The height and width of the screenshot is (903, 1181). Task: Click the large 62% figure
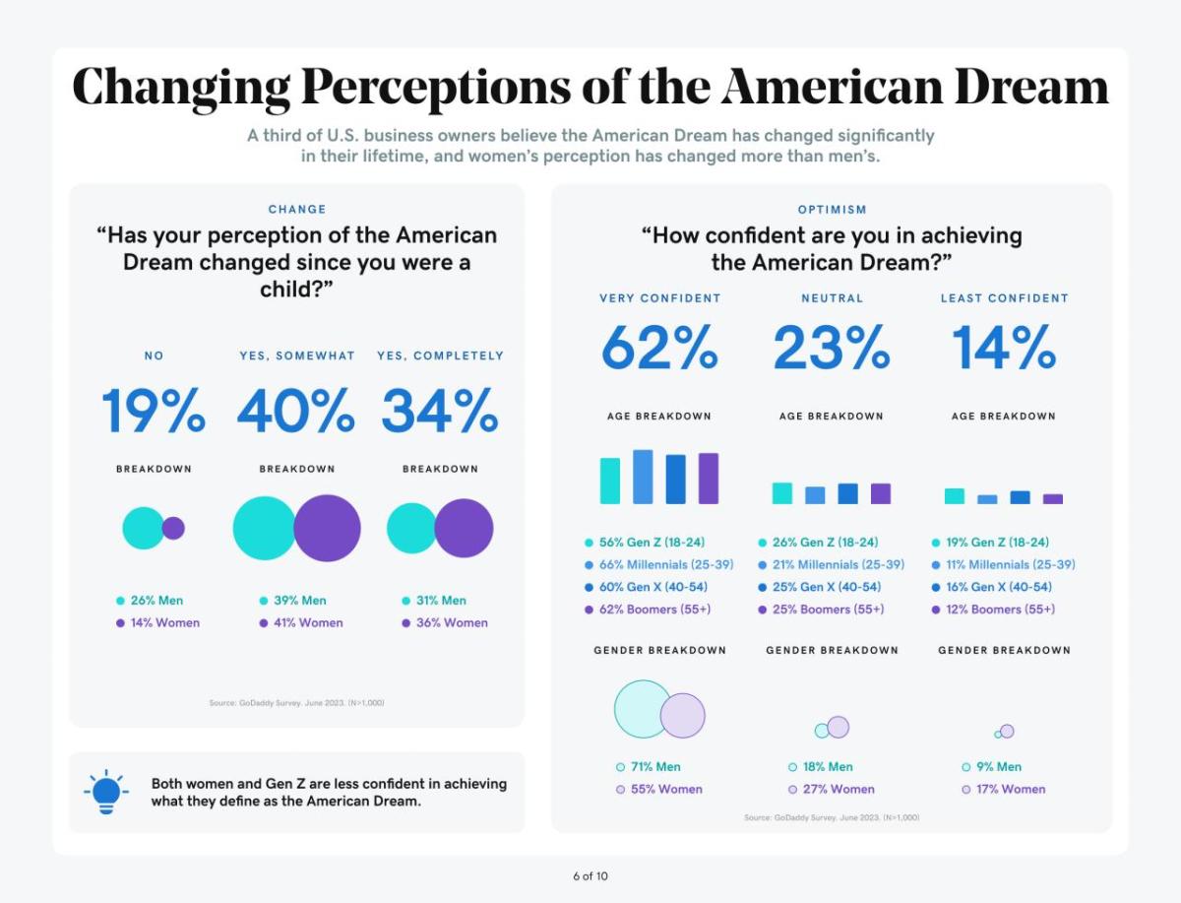[x=659, y=348]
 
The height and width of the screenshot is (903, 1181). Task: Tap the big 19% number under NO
[x=154, y=411]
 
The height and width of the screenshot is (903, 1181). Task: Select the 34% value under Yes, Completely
[x=440, y=411]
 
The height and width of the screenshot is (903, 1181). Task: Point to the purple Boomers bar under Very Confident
[x=709, y=479]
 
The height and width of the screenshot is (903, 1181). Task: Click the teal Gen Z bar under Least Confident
[x=955, y=496]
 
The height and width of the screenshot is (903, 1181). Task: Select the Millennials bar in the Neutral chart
[x=815, y=495]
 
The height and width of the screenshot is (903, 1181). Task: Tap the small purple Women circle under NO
[x=173, y=529]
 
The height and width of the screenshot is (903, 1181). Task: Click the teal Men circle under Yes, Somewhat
[x=264, y=528]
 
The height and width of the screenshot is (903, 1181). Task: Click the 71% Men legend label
[x=654, y=766]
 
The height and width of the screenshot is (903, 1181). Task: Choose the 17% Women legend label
[x=1010, y=789]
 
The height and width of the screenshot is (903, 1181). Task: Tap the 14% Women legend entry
[x=164, y=622]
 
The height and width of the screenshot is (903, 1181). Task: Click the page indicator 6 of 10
[x=590, y=875]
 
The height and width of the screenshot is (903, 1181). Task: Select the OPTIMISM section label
[x=832, y=210]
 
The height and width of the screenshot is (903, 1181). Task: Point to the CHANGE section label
[x=297, y=210]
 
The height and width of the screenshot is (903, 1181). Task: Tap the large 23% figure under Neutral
[x=832, y=348]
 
